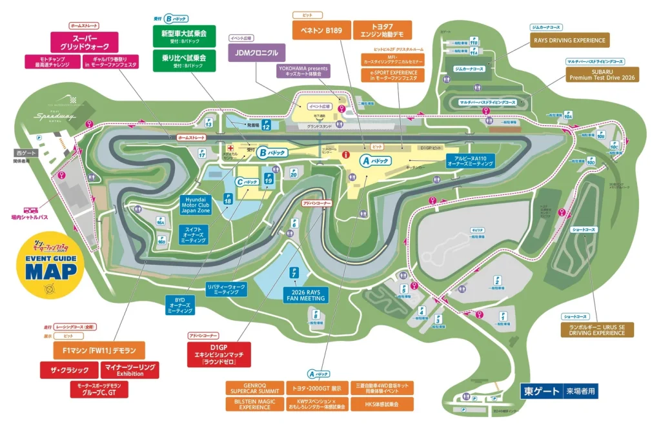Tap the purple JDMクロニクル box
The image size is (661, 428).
click(257, 53)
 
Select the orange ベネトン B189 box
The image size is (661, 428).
click(321, 30)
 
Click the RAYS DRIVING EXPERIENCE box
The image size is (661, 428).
click(570, 40)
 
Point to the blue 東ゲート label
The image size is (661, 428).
click(540, 391)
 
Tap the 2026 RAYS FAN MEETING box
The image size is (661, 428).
click(306, 295)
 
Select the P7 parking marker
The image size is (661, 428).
click(294, 273)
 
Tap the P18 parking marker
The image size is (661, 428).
click(227, 199)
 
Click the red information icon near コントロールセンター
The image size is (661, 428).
click(345, 155)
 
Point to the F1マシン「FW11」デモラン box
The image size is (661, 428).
click(99, 351)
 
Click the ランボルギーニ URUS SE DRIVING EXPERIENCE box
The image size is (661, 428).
click(597, 329)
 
